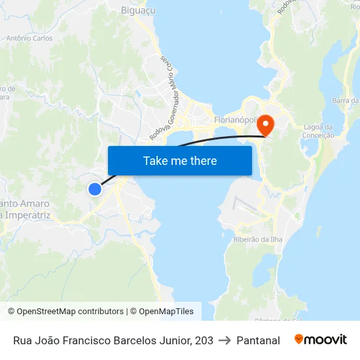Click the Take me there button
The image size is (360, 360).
coord(180,160)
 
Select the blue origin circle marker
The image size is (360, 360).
coord(95,189)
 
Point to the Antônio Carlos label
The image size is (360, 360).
coord(29,39)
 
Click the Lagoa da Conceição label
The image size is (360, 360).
coord(319,131)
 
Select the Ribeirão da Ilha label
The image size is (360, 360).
coord(258,240)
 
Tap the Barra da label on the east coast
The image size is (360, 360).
coord(345,100)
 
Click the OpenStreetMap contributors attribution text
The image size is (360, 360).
coord(70,312)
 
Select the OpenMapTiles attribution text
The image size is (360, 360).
coord(165,312)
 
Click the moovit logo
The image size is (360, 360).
coord(321,340)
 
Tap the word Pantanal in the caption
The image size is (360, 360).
coord(258,340)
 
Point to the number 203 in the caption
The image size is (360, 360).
coord(203,340)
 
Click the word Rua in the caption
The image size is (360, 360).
coord(24,340)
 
